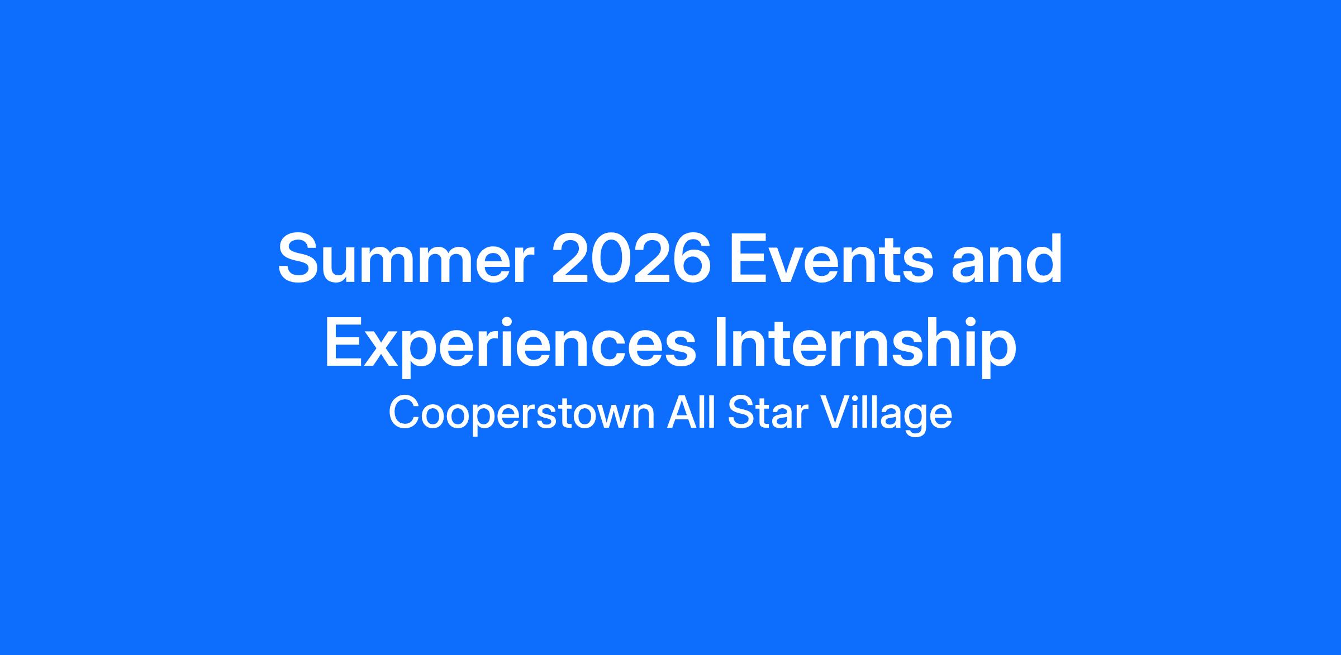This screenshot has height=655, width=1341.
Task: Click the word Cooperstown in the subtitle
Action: click(522, 414)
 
